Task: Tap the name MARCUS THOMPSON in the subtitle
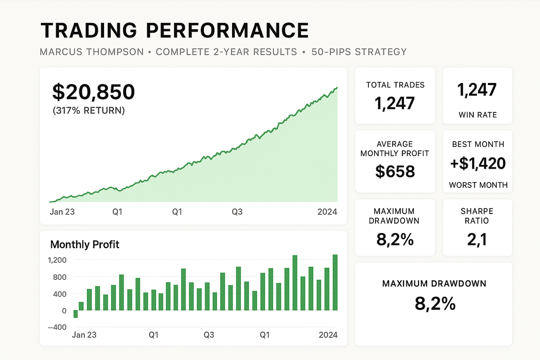[x=92, y=52]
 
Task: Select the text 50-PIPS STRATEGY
[x=359, y=52]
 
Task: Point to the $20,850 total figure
[x=94, y=92]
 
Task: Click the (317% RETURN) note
[x=89, y=110]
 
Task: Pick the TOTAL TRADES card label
[x=395, y=85]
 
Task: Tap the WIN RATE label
[x=477, y=115]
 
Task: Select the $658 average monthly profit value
[x=395, y=171]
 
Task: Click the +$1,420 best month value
[x=478, y=164]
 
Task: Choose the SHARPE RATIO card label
[x=477, y=216]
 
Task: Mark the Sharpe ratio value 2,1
[x=477, y=240]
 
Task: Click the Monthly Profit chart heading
[x=85, y=244]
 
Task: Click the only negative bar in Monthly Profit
[x=75, y=314]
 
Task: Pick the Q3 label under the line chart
[x=237, y=212]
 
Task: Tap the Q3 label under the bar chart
[x=209, y=335]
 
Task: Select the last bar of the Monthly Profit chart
[x=335, y=282]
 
